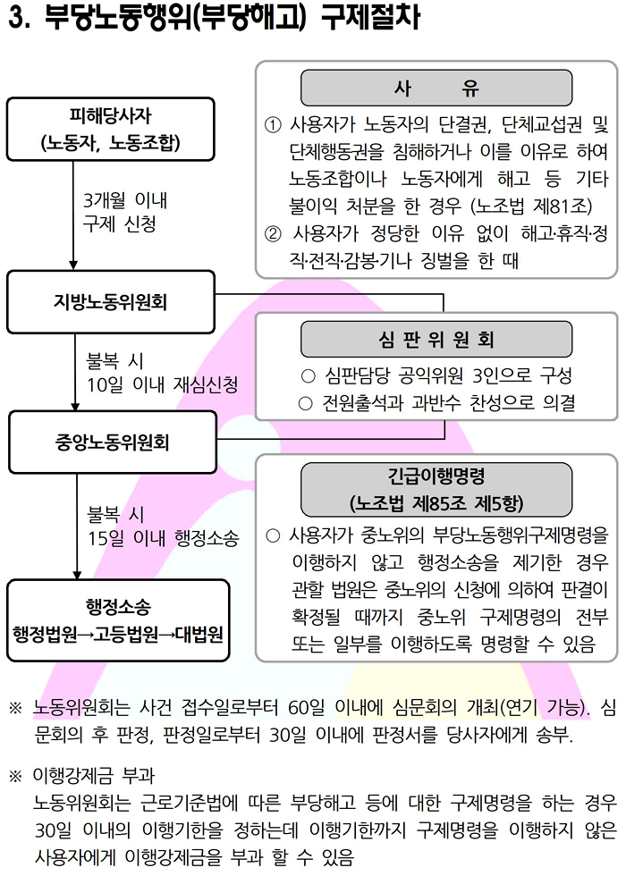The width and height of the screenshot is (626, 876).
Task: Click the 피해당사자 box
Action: (111, 129)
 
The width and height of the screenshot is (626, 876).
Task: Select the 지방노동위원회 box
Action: (111, 302)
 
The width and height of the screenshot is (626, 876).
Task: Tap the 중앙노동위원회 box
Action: (113, 442)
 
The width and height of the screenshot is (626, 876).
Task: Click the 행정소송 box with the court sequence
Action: (118, 620)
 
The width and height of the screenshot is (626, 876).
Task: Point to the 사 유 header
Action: (436, 88)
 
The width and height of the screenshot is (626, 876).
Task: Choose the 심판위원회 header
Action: (436, 339)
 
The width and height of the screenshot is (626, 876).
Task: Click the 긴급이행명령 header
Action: (436, 490)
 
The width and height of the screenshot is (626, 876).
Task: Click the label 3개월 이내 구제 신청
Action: (124, 212)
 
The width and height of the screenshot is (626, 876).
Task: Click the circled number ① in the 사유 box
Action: (272, 124)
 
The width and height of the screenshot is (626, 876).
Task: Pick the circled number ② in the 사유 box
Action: (272, 233)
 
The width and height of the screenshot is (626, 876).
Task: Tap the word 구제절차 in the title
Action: (370, 17)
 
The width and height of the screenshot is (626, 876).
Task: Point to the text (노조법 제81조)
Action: (531, 206)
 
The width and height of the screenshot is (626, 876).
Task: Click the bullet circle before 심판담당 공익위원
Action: (308, 376)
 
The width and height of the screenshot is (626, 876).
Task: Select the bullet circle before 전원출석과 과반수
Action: (305, 403)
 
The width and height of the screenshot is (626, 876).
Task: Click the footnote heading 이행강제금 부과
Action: (93, 776)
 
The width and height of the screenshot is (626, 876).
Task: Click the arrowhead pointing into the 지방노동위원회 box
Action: (73, 265)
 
